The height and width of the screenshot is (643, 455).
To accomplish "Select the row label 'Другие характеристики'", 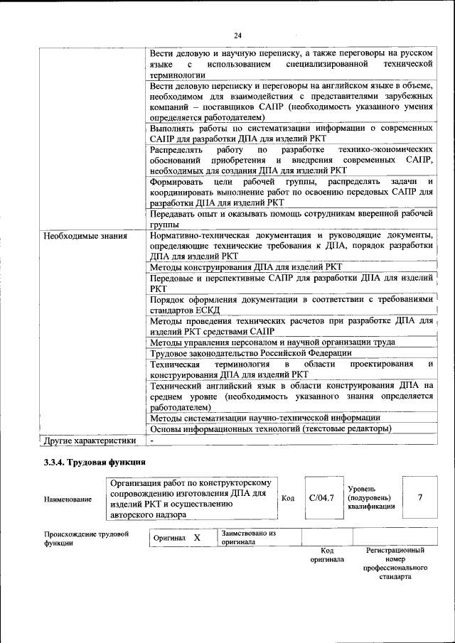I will click(x=90, y=441).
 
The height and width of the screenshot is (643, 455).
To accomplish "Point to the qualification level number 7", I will click(x=420, y=497).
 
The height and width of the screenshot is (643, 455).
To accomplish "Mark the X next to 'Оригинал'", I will click(x=197, y=539).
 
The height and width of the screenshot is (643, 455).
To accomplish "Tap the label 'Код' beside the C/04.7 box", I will click(x=288, y=498).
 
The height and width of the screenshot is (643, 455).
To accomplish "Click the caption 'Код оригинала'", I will click(x=327, y=554).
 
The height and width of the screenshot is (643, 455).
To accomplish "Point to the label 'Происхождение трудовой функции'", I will click(x=86, y=539).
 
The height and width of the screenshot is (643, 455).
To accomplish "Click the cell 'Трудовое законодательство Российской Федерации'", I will click(x=251, y=353).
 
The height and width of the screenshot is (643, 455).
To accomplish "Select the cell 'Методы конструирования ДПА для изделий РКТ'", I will click(x=246, y=267).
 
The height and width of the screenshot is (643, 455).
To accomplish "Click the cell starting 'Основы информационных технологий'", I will click(x=270, y=429).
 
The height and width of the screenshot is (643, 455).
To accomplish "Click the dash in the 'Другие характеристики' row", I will click(x=151, y=441).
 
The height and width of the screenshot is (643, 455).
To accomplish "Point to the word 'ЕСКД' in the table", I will click(x=205, y=310).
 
